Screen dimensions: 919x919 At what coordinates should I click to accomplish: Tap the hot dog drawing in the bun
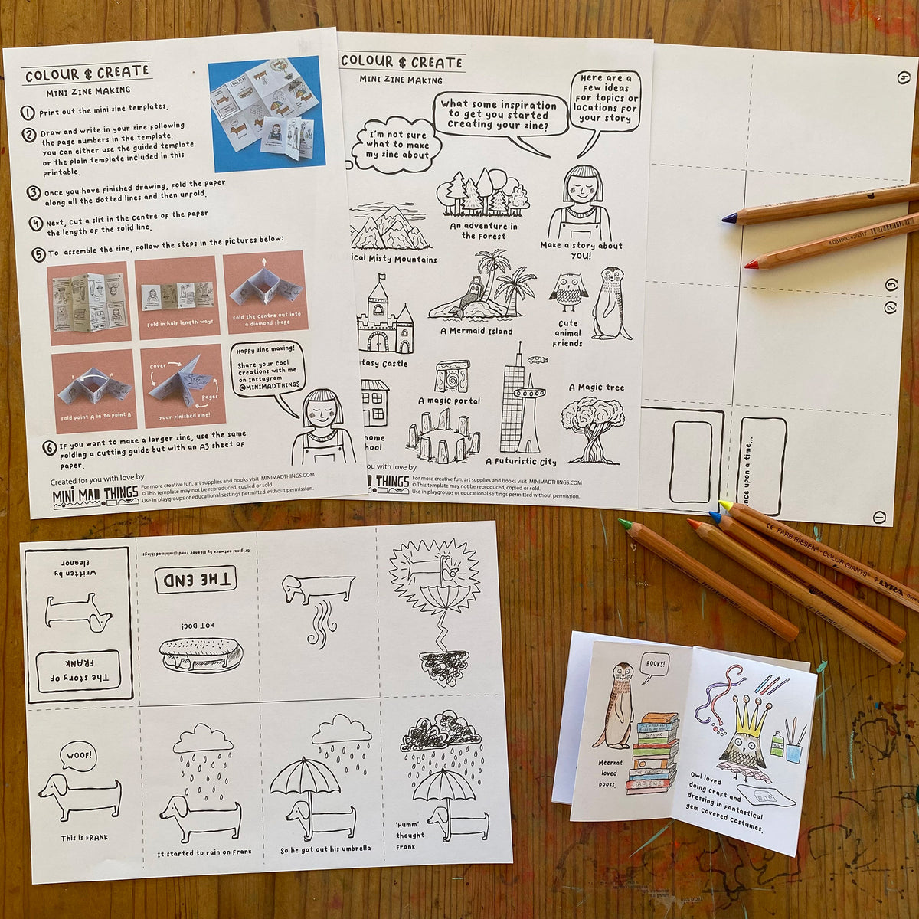(201, 656)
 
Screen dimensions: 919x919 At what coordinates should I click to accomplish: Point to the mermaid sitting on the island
(473, 291)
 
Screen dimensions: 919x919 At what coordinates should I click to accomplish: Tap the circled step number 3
(33, 192)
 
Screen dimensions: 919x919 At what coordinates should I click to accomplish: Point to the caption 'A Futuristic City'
(521, 462)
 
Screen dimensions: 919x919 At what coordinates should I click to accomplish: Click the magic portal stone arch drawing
(451, 378)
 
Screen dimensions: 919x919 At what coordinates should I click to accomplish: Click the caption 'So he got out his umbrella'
(325, 849)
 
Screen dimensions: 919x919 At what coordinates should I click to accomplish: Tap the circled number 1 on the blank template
(878, 518)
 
